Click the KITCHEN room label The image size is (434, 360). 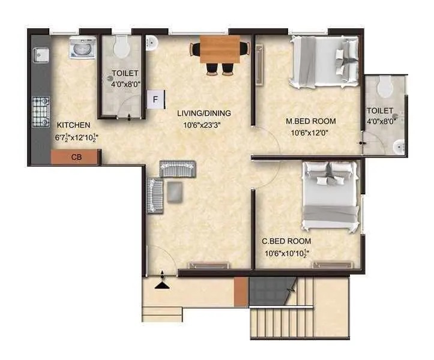point(73,125)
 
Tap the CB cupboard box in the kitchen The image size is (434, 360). point(76,157)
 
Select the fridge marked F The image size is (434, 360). point(155,99)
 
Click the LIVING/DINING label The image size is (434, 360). point(204,113)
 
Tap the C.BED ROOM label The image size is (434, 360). point(286,241)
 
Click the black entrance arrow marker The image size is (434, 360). point(161,284)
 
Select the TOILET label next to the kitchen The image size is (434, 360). point(125,74)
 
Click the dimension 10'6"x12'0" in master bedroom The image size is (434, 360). point(310,133)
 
